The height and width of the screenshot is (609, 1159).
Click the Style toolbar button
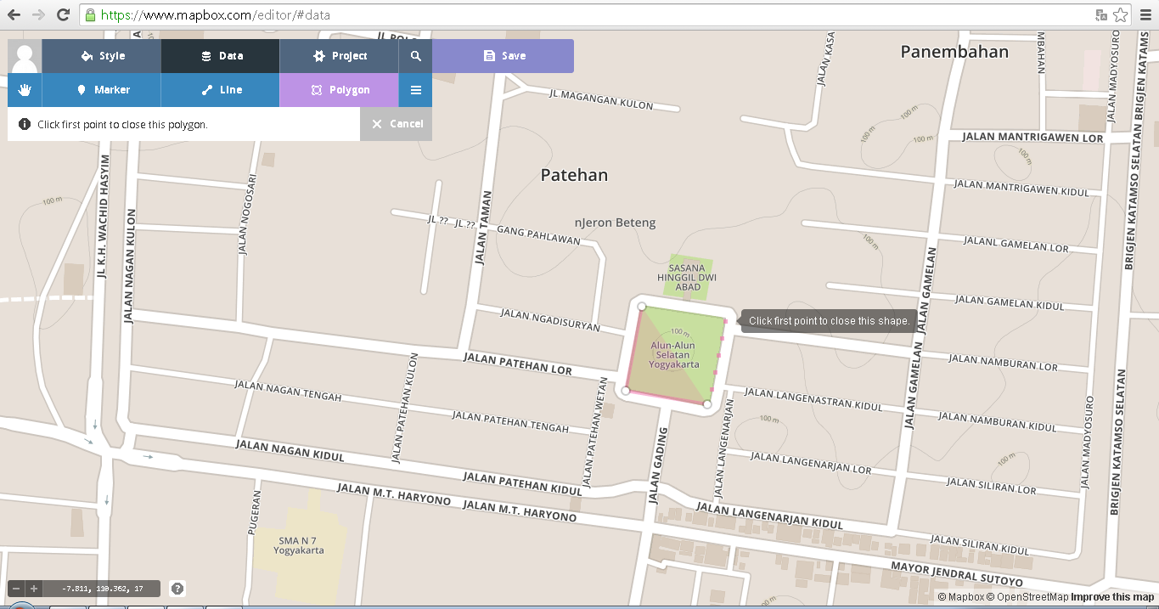[x=102, y=56]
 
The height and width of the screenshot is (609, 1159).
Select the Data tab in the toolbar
[x=221, y=56]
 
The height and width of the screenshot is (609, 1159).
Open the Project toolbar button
[x=339, y=56]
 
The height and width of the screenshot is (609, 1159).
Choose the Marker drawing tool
[x=102, y=90]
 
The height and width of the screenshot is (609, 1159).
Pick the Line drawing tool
[x=221, y=90]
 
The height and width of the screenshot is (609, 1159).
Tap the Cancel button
[x=397, y=124]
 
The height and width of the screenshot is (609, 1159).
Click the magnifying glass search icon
[x=416, y=56]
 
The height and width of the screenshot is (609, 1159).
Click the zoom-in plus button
[x=34, y=589]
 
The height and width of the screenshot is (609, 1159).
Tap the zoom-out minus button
[x=16, y=589]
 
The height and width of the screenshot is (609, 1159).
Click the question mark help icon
[x=177, y=588]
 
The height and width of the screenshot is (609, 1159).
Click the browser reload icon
[x=63, y=14]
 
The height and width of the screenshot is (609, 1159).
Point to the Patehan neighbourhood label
[x=574, y=175]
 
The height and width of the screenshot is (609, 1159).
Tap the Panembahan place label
[x=954, y=52]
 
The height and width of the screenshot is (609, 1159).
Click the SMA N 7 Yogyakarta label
[x=298, y=544]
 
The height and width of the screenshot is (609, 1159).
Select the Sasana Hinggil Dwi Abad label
[x=688, y=278]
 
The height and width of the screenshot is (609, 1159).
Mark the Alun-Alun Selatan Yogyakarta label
[x=674, y=355]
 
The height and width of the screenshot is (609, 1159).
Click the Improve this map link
[x=1112, y=597]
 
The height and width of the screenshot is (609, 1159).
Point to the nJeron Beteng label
[x=616, y=223]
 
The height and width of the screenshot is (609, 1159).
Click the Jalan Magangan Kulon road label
[x=601, y=99]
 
